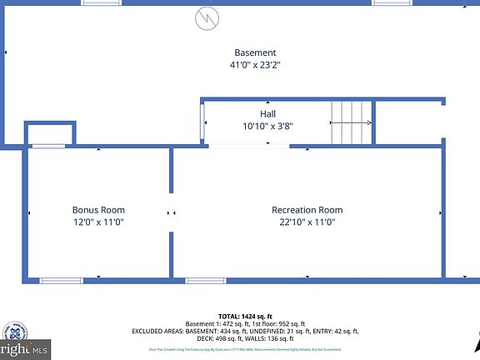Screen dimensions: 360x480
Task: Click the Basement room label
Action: tap(255, 52)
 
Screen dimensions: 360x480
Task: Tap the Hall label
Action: tap(267, 113)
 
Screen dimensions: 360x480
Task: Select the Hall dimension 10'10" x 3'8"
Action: tap(267, 127)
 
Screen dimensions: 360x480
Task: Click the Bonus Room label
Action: tap(99, 210)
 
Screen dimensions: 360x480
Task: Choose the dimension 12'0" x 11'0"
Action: tap(99, 222)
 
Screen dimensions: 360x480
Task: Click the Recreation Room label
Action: tap(307, 210)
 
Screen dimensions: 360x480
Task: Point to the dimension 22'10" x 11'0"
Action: tap(307, 222)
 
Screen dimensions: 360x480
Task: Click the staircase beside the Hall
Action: tap(352, 123)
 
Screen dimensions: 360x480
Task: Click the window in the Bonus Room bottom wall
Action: tap(62, 280)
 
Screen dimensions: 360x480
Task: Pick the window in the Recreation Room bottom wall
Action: tap(206, 280)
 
